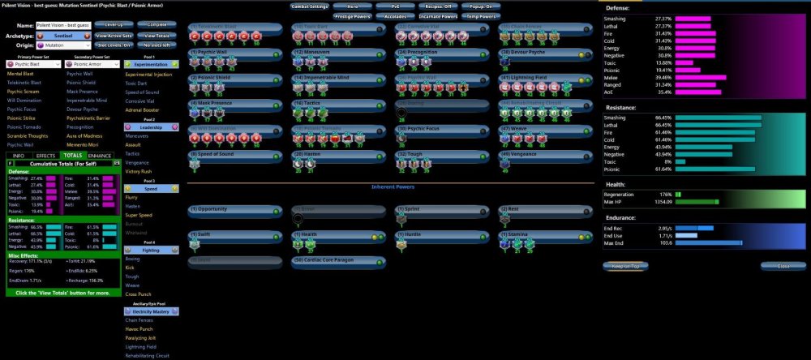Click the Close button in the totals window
(783, 265)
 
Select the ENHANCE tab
(101, 155)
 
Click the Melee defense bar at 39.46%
(706, 78)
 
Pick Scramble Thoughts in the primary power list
(28, 135)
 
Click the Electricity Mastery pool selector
(151, 311)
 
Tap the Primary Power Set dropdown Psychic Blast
(31, 64)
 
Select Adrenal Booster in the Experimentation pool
(143, 109)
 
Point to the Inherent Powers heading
(392, 186)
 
